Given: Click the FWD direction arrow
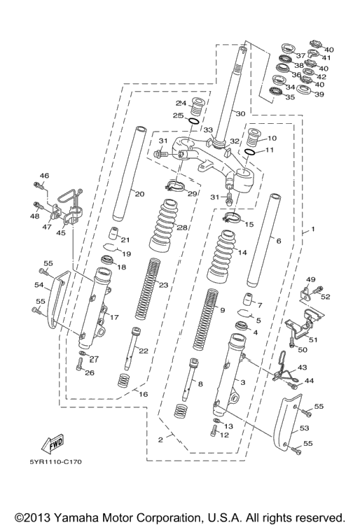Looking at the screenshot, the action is [x=52, y=444].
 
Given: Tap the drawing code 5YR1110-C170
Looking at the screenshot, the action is [x=55, y=462].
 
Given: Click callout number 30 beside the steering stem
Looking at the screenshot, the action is [x=240, y=114].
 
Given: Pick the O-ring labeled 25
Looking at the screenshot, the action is [x=194, y=121].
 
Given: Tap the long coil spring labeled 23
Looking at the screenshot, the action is [x=148, y=288].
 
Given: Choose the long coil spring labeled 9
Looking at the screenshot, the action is [x=206, y=319].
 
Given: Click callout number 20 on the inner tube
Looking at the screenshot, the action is [x=139, y=194].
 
